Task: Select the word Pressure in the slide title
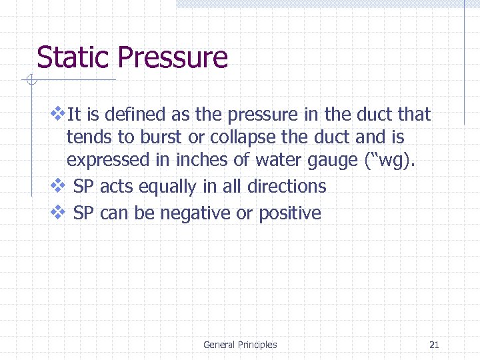[x=173, y=58]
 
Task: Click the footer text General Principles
[x=240, y=345]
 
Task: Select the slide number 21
[x=434, y=345]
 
